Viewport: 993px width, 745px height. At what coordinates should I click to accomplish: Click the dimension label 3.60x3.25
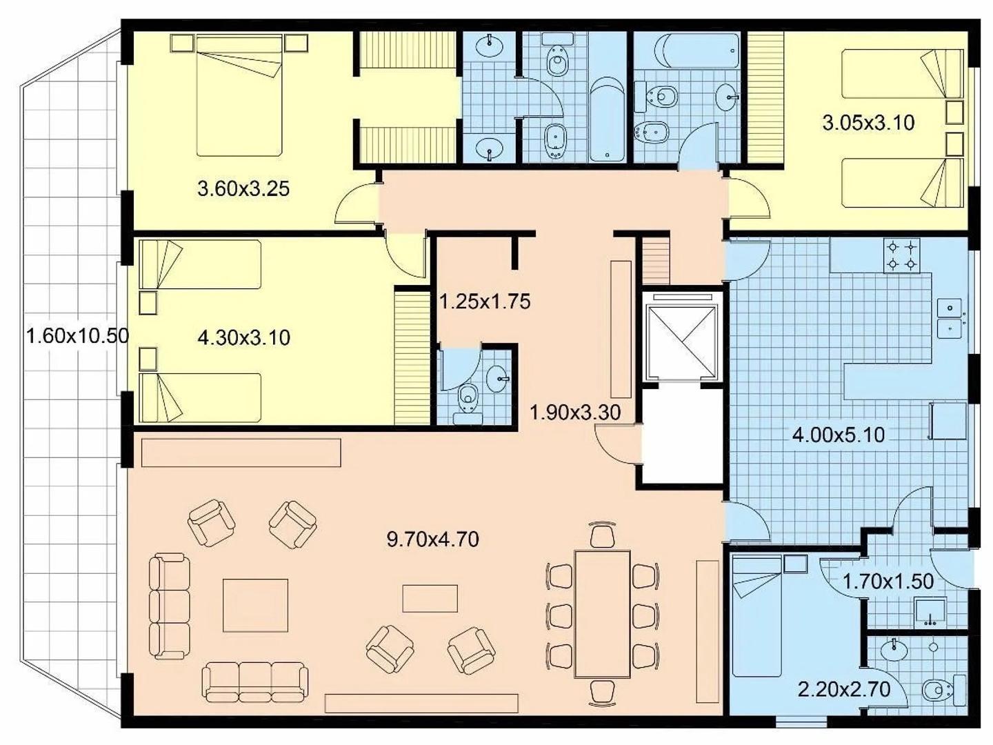[x=243, y=188]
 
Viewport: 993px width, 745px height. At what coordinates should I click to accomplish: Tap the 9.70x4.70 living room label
[x=432, y=539]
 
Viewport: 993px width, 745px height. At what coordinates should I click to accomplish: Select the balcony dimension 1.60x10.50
[x=77, y=336]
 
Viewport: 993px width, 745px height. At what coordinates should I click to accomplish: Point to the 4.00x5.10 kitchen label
[x=838, y=435]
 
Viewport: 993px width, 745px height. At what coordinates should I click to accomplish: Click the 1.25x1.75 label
[x=485, y=301]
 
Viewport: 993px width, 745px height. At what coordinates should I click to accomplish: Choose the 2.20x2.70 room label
[x=843, y=689]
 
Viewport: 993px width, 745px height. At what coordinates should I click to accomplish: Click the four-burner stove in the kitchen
[x=902, y=255]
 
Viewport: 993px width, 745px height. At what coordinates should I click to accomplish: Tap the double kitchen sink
[x=950, y=318]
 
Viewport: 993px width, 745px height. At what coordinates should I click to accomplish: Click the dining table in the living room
[x=602, y=614]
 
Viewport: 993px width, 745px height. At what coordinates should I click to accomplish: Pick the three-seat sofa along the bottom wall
[x=254, y=682]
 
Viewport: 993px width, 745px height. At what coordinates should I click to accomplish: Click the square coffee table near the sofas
[x=255, y=605]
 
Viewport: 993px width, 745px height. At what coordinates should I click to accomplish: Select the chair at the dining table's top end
[x=602, y=535]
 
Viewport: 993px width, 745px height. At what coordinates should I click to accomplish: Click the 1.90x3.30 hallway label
[x=574, y=413]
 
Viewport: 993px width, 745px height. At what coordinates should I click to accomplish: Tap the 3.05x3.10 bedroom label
[x=868, y=123]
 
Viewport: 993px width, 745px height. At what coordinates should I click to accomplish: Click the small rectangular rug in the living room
[x=430, y=598]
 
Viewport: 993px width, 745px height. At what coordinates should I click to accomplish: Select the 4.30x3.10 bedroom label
[x=243, y=337]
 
